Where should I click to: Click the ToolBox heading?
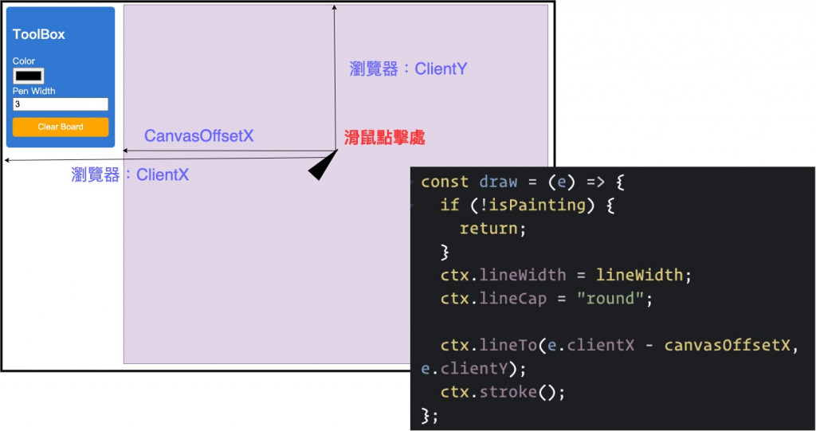click(x=38, y=34)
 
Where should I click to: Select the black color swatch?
click(x=28, y=76)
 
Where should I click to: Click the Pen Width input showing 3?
click(x=60, y=104)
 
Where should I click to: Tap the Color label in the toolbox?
click(x=24, y=61)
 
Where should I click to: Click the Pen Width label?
click(x=33, y=91)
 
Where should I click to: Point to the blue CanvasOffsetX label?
click(x=198, y=136)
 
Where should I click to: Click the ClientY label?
click(x=408, y=69)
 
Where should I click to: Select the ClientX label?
click(x=130, y=174)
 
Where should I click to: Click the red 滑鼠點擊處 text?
click(x=384, y=137)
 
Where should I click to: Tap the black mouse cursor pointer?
click(x=322, y=167)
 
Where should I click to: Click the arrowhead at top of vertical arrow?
click(x=335, y=7)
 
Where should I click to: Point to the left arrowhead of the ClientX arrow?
click(x=7, y=161)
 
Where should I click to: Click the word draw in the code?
click(x=498, y=182)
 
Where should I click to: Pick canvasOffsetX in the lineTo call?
click(x=728, y=345)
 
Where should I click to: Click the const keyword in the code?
click(x=445, y=182)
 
